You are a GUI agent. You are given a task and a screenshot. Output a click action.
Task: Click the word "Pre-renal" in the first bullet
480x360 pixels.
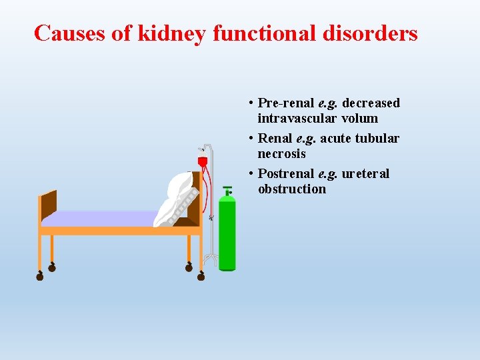coord(285,103)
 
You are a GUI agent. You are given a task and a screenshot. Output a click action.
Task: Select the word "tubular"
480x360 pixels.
coord(377,138)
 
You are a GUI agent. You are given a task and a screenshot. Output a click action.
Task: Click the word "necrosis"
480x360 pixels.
coord(281,153)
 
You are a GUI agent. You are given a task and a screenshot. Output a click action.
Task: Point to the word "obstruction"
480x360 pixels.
coord(292,189)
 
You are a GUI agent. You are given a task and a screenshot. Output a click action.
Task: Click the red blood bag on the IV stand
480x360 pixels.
coord(203,162)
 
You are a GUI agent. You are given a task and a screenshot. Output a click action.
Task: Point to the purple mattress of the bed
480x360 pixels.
coord(100,218)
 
